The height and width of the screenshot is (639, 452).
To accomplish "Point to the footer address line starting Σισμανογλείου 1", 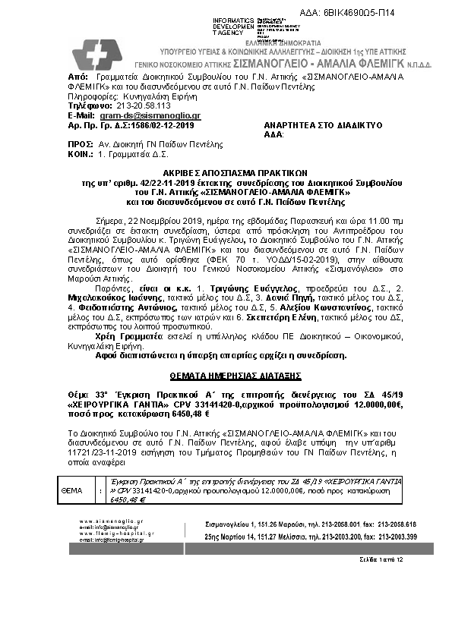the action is click(311, 524).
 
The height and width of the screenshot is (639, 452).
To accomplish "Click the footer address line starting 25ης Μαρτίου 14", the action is click(311, 536).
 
